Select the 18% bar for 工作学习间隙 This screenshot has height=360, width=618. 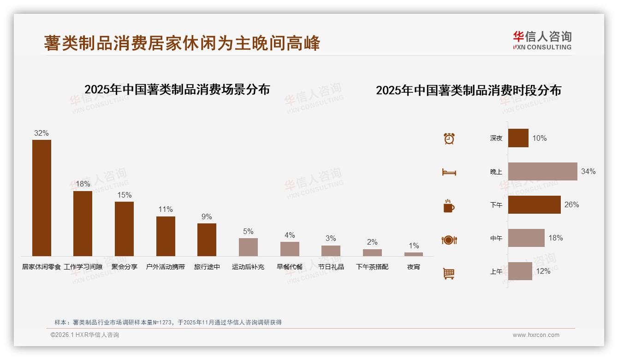pyautogui.click(x=83, y=223)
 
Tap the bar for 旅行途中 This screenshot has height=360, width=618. pyautogui.click(x=207, y=240)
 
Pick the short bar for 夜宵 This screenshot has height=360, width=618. pyautogui.click(x=414, y=254)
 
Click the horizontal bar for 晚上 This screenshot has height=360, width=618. pyautogui.click(x=542, y=171)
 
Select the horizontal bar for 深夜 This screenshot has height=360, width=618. pyautogui.click(x=518, y=138)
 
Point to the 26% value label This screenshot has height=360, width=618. pyautogui.click(x=571, y=205)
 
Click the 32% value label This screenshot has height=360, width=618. pyautogui.click(x=42, y=133)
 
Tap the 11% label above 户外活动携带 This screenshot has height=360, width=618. pyautogui.click(x=166, y=210)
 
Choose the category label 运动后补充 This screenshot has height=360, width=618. pyautogui.click(x=248, y=267)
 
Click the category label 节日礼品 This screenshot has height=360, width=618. pyautogui.click(x=331, y=267)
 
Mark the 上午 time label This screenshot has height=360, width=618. pyautogui.click(x=496, y=271)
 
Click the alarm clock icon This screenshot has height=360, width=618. pyautogui.click(x=449, y=138)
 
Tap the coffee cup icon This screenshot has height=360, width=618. pyautogui.click(x=449, y=206)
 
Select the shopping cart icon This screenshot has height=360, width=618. pyautogui.click(x=449, y=273)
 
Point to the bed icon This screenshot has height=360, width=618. pyautogui.click(x=449, y=172)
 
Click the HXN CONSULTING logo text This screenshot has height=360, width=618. pyautogui.click(x=542, y=47)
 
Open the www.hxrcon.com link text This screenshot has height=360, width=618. pyautogui.click(x=536, y=335)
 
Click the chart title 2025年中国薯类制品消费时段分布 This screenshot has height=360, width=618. pyautogui.click(x=468, y=90)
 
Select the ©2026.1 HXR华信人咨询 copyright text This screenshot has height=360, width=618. pyautogui.click(x=85, y=335)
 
